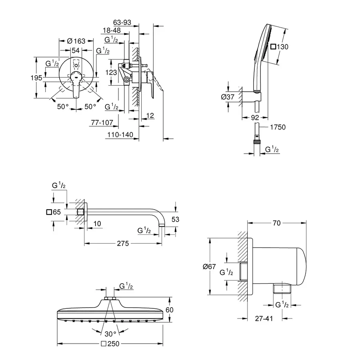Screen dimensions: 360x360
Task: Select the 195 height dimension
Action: coord(36,78)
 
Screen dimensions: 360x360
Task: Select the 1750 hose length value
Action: coord(278,127)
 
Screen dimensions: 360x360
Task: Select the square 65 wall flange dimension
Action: coord(53,212)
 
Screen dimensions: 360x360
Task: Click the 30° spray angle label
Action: coord(110,334)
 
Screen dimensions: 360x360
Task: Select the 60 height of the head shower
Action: coord(169,309)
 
